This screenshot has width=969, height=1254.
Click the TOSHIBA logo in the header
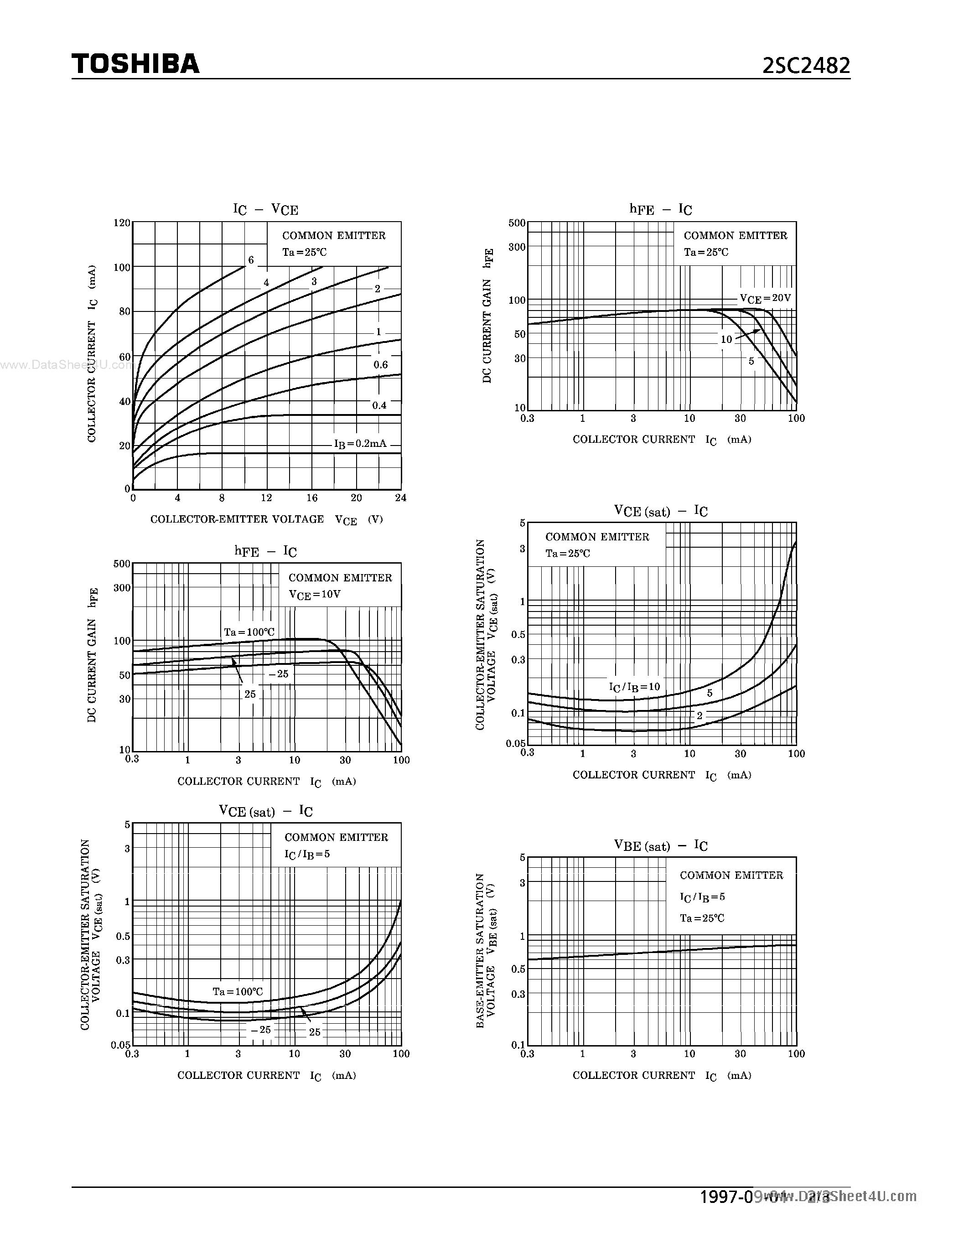coord(135,64)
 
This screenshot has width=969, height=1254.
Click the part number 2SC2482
coord(806,66)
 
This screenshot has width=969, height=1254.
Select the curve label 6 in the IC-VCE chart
coord(251,260)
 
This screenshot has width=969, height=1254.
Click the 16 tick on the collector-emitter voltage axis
coord(312,498)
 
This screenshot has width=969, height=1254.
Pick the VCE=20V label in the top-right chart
coord(765,299)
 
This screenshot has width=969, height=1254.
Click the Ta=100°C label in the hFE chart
coord(249,632)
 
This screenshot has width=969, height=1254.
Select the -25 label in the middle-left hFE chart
coord(279,674)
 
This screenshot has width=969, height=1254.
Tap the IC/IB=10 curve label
coord(634,687)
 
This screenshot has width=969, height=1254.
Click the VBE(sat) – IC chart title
coord(661,846)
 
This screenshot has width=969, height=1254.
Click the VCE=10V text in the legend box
coord(315,595)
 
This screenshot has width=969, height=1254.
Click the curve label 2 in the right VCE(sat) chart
coord(699,715)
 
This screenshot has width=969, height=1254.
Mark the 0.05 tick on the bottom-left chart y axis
coord(120,1045)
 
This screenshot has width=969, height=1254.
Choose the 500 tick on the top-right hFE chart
coord(517,223)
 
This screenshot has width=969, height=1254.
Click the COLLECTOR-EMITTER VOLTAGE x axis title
coord(237,519)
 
